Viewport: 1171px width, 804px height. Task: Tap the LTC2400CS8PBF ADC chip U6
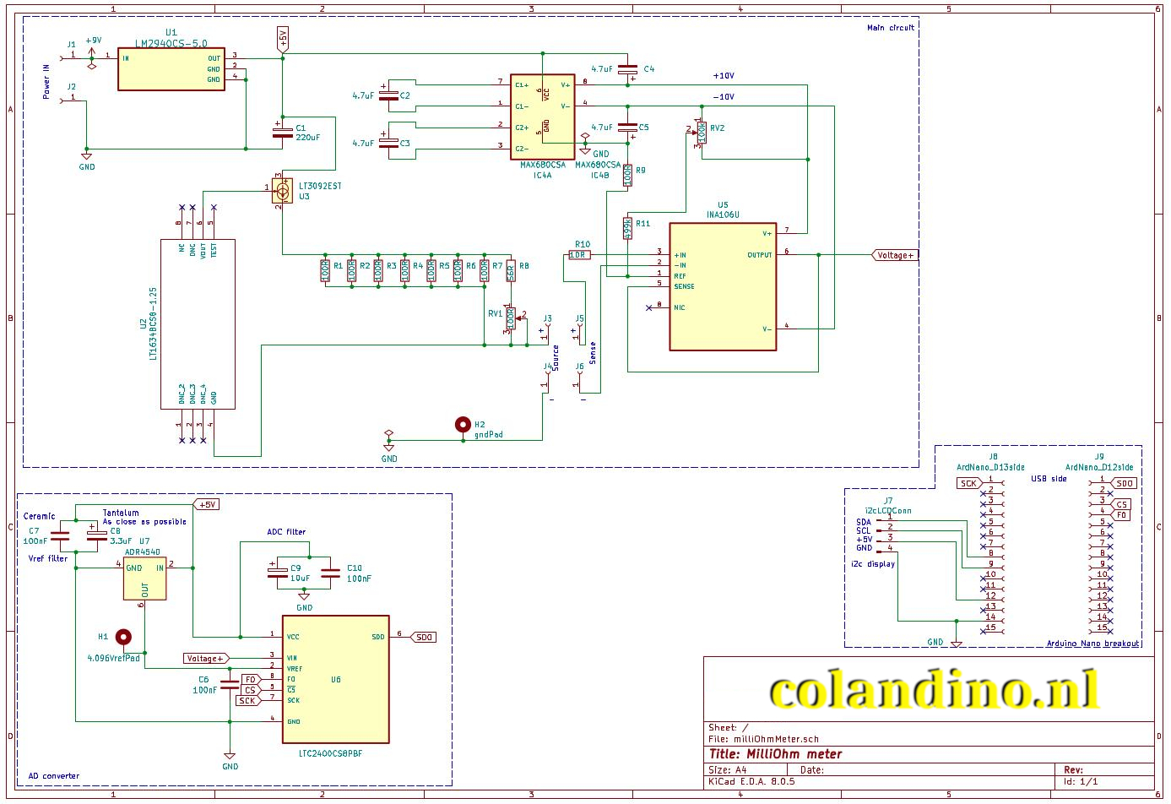(x=335, y=679)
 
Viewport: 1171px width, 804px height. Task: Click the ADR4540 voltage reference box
(x=144, y=579)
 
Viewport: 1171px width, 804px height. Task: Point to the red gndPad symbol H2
(x=463, y=425)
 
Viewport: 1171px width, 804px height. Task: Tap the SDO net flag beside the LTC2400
(x=424, y=638)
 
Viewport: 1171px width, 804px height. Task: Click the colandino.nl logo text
(x=933, y=692)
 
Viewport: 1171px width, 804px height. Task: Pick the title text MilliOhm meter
(x=776, y=754)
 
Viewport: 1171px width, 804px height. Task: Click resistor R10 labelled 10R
(x=579, y=255)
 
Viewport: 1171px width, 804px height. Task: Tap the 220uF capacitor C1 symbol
(x=278, y=131)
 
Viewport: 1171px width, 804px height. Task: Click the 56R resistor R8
(x=510, y=271)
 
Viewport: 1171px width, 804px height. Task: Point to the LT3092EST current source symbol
(x=282, y=193)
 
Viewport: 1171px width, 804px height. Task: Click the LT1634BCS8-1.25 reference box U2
(x=198, y=324)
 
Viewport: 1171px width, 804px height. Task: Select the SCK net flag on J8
(x=968, y=484)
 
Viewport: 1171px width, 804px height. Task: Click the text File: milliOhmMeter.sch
(x=764, y=739)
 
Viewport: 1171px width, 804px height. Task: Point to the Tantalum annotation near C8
(x=121, y=513)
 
